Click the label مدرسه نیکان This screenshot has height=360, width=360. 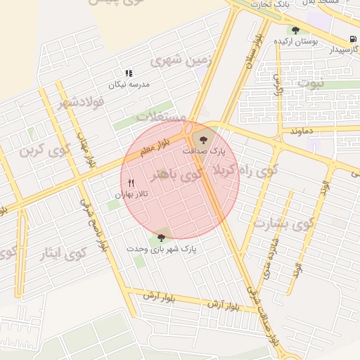point(129,85)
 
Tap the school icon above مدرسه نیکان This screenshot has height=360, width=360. point(129,73)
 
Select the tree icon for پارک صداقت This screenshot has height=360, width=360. point(204,139)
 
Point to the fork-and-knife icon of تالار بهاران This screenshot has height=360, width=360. point(131,183)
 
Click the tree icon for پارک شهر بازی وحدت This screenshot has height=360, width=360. point(162,238)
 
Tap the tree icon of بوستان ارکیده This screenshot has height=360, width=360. point(295,30)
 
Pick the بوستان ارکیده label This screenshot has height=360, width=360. point(296,41)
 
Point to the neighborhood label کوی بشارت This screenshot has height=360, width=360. point(281,224)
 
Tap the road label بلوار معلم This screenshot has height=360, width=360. point(155,147)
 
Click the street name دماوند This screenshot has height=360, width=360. point(300,131)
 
